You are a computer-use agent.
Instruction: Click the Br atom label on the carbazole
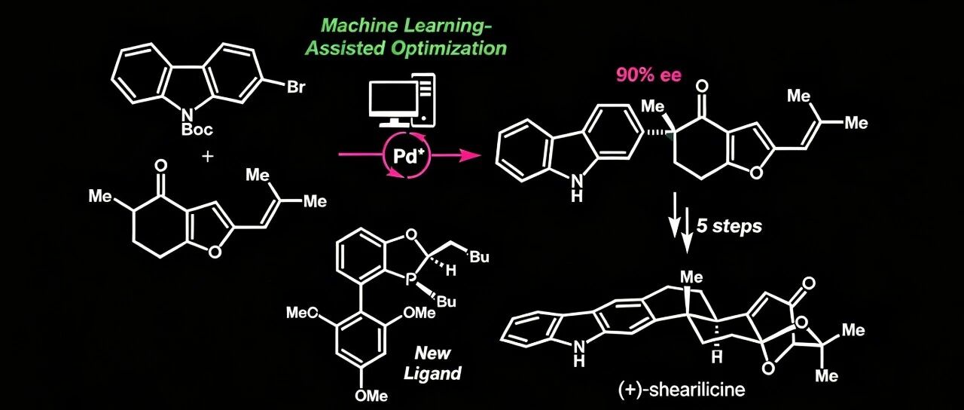296,87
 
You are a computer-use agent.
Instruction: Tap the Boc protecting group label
197,129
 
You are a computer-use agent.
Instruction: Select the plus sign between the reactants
207,156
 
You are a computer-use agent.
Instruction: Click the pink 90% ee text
648,75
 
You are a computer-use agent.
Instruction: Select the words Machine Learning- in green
407,26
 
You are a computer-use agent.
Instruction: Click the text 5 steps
729,226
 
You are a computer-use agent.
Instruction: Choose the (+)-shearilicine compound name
682,390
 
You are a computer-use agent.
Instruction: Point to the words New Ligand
432,363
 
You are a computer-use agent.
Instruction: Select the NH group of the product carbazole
577,188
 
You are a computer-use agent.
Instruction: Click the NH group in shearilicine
580,353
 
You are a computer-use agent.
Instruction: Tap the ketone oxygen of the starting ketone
160,165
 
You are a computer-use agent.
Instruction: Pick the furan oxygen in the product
755,173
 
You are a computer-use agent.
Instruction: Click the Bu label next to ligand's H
480,257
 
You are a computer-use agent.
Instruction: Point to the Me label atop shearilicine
691,277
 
